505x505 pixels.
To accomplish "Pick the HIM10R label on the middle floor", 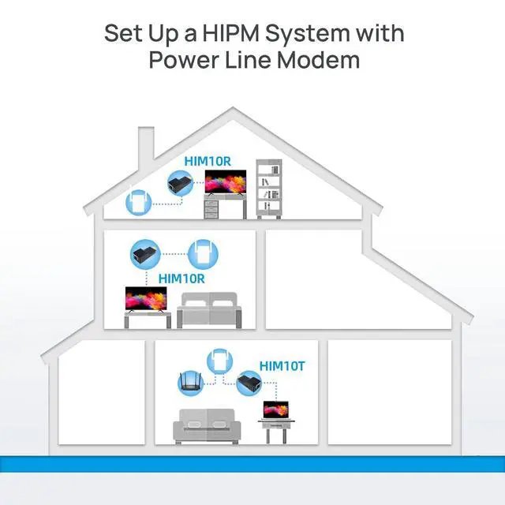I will tap(181, 278).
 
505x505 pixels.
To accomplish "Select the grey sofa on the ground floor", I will tap(207, 427).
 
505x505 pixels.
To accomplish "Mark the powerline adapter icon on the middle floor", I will tap(203, 254).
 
